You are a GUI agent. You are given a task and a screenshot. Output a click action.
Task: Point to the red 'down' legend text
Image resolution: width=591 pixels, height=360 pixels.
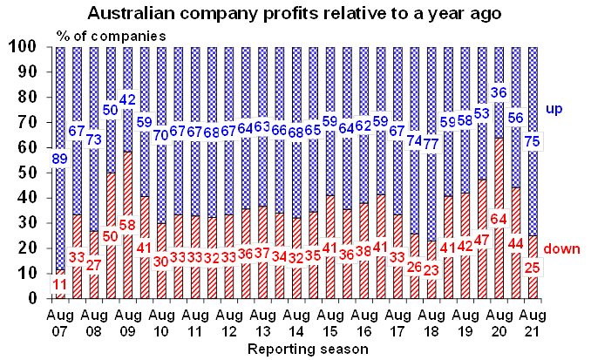tap(562, 250)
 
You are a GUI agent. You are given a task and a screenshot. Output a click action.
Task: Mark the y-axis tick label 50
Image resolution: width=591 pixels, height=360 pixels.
tap(28, 173)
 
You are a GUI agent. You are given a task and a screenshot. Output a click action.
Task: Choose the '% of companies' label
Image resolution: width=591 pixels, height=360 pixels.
tap(101, 36)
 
